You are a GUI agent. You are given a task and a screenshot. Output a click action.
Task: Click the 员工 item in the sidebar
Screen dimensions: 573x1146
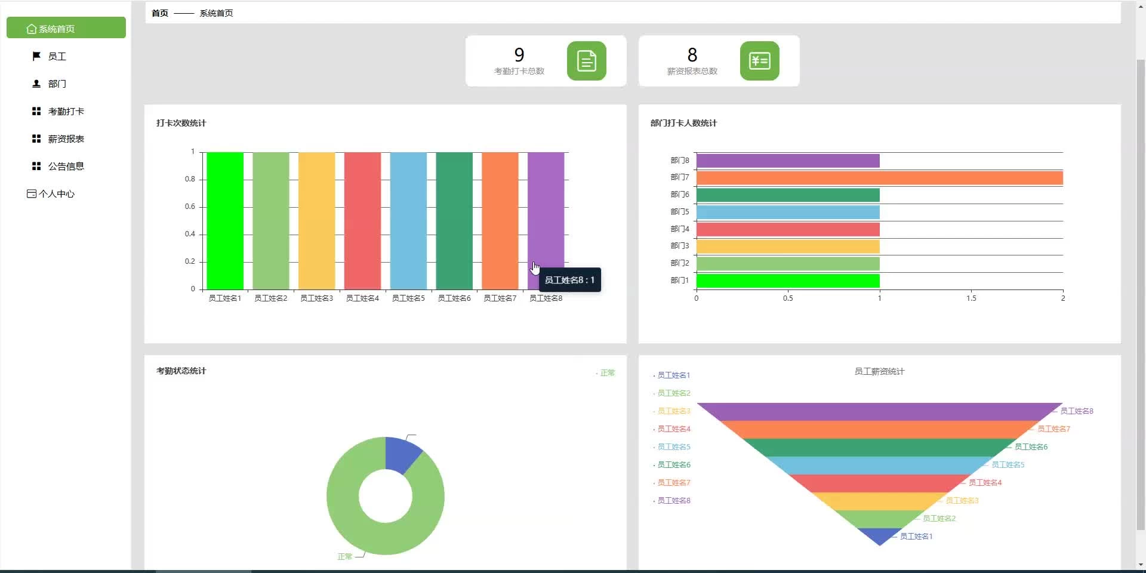pos(57,57)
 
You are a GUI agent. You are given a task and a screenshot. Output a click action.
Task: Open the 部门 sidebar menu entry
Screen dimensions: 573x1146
pos(57,84)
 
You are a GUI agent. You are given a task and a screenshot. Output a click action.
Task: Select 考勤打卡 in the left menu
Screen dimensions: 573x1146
pos(66,112)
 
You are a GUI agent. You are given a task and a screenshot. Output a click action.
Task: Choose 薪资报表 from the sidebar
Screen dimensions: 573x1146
pos(66,139)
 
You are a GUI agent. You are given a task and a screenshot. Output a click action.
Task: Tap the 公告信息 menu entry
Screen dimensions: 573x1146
pos(66,167)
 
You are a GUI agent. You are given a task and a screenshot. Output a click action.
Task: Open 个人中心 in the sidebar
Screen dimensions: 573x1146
pos(56,194)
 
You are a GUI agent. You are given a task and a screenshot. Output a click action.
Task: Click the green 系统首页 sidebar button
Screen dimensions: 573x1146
pos(66,28)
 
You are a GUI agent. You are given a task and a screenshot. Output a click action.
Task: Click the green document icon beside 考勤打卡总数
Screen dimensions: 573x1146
pos(586,61)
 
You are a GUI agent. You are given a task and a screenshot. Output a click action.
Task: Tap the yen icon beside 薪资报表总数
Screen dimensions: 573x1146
pos(759,61)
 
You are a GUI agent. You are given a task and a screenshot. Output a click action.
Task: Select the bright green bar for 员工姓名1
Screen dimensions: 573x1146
pos(225,221)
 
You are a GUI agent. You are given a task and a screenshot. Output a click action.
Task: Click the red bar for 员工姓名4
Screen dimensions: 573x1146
pos(362,221)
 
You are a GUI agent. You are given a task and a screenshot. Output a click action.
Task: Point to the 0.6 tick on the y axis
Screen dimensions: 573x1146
pos(190,207)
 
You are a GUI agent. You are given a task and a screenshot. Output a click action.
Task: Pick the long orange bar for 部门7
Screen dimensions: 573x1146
pos(879,178)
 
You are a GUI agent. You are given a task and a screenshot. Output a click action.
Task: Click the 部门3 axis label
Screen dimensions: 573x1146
pos(679,246)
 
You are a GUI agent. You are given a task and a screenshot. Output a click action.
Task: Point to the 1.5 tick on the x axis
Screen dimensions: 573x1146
pos(971,298)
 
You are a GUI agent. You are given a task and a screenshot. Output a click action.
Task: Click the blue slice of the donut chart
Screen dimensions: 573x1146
pos(402,455)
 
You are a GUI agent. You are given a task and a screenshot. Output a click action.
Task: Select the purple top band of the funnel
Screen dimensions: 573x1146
pos(879,412)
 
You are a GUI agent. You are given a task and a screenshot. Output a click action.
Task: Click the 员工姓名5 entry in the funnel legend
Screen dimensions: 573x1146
pos(674,447)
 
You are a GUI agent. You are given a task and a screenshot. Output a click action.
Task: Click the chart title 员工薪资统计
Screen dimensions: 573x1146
pos(879,371)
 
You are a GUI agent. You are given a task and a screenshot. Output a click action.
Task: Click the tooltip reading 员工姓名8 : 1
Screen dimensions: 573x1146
pos(569,280)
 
